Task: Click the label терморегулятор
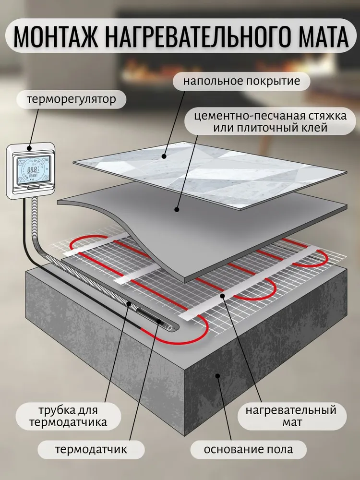pyautogui.click(x=72, y=100)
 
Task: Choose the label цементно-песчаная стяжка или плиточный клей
pyautogui.click(x=262, y=122)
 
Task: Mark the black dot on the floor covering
pyautogui.click(x=164, y=156)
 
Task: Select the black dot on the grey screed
pyautogui.click(x=177, y=209)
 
